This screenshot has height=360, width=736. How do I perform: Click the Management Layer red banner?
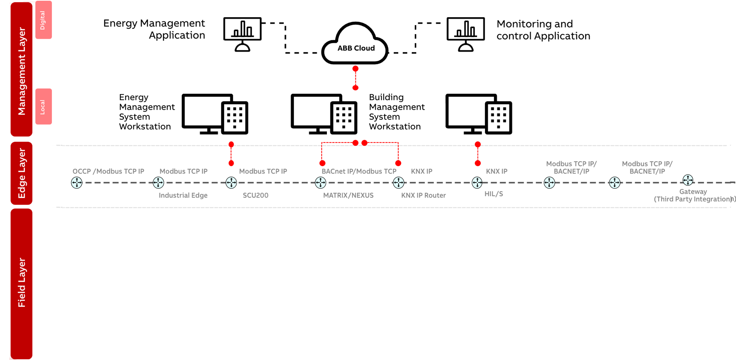[x=21, y=70]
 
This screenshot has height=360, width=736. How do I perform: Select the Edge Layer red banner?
[x=21, y=173]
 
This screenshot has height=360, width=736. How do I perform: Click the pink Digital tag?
[x=43, y=20]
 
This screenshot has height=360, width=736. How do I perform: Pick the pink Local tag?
[x=43, y=107]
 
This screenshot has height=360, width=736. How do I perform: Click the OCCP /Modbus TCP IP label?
[x=108, y=171]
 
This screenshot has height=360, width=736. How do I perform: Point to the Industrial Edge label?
[x=183, y=195]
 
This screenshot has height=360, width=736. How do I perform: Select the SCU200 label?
[x=255, y=195]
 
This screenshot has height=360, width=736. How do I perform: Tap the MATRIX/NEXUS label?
[x=348, y=195]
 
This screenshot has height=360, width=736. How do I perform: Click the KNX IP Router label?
[x=423, y=195]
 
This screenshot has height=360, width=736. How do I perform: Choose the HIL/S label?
[x=493, y=194]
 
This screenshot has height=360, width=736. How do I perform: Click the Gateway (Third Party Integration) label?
[x=694, y=195]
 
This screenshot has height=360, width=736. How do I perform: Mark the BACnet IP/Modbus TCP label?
[x=359, y=171]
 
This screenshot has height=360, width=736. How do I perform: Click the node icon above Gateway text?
[x=688, y=180]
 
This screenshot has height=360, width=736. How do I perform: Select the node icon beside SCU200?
[x=231, y=183]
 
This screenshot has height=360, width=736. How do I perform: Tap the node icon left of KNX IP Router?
[x=398, y=183]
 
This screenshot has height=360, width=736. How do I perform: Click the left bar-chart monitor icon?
[x=242, y=34]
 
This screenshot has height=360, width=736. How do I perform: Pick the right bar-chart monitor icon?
[x=465, y=34]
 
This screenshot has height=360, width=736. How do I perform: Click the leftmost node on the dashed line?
[x=77, y=183]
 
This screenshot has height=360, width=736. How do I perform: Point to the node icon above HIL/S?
[x=477, y=183]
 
